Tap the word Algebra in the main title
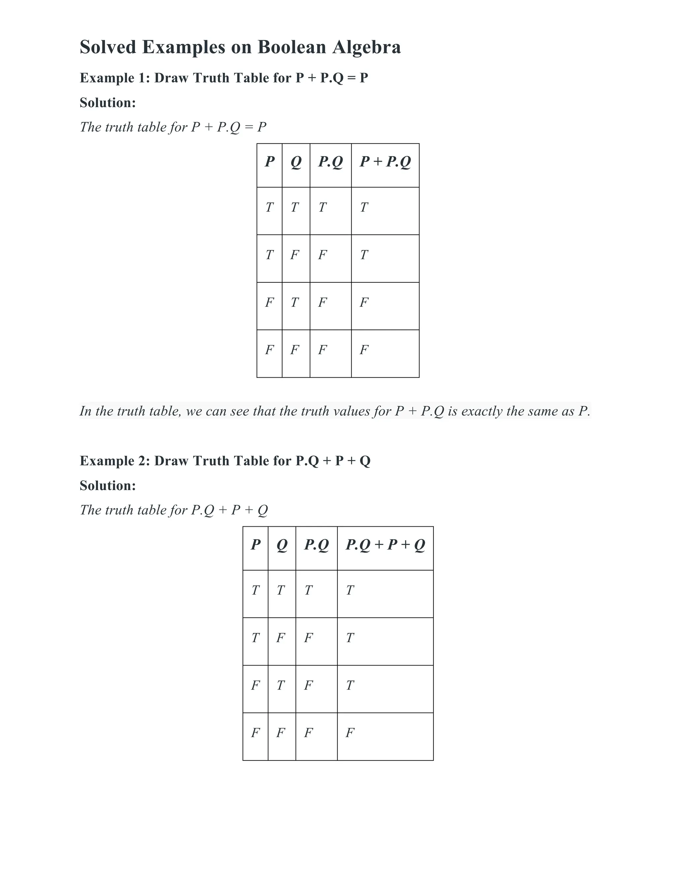click(366, 47)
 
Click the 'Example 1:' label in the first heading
click(115, 78)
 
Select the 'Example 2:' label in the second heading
click(115, 461)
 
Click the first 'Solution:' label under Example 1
click(108, 103)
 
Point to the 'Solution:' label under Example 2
click(108, 485)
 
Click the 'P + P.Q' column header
click(385, 162)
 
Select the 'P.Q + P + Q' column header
click(385, 545)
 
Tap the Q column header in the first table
click(296, 162)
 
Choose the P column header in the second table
click(255, 545)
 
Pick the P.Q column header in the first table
click(330, 162)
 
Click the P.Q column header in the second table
click(316, 545)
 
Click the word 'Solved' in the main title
click(108, 47)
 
